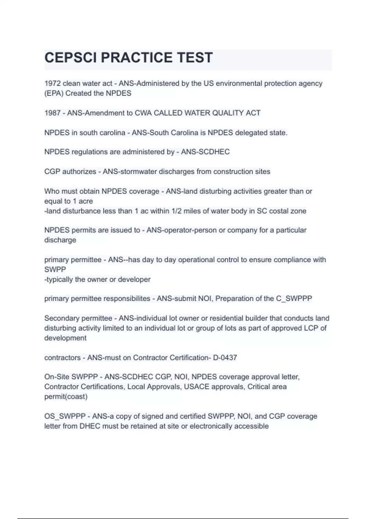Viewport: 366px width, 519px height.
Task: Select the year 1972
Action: click(52, 84)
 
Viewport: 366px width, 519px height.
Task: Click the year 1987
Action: click(52, 113)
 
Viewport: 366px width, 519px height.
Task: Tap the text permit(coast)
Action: click(66, 397)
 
